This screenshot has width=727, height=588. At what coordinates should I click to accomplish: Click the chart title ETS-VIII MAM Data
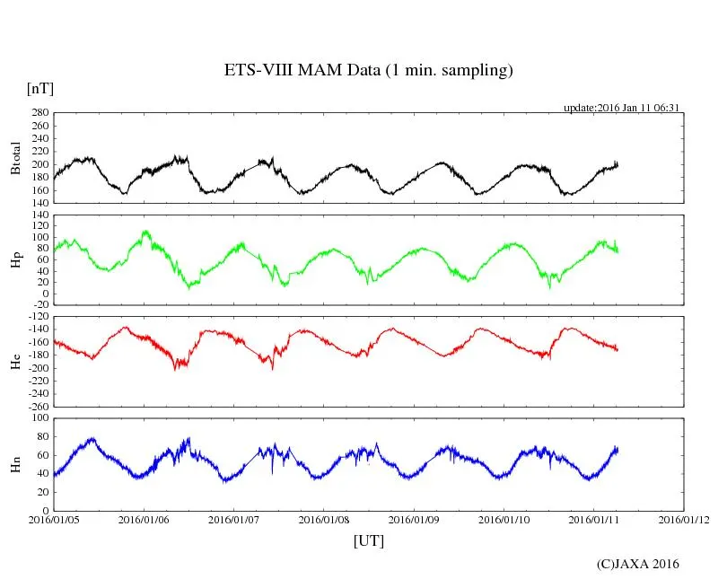(368, 71)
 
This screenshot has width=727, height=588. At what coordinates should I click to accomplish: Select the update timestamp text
(620, 108)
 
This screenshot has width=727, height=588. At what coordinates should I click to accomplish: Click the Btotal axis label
(15, 158)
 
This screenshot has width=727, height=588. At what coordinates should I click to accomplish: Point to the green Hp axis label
(15, 259)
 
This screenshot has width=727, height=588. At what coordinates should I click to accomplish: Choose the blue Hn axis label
(15, 463)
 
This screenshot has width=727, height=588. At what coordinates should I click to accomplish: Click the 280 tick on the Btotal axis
(39, 113)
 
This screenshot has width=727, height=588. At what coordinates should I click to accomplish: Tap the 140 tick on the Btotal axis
(39, 204)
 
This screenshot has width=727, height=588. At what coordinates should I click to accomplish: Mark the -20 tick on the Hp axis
(39, 306)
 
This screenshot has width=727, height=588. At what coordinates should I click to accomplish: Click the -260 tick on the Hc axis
(36, 407)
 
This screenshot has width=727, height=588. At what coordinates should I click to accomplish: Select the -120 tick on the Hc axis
(36, 319)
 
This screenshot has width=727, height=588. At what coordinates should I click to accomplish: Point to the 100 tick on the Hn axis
(39, 418)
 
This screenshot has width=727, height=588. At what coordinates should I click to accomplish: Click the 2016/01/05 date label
(53, 520)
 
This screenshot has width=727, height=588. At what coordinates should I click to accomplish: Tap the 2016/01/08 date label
(324, 520)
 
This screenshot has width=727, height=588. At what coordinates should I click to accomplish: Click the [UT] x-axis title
(368, 540)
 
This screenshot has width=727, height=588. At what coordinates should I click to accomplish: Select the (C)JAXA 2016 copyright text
(637, 564)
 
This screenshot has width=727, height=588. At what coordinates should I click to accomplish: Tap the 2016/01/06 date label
(144, 520)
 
